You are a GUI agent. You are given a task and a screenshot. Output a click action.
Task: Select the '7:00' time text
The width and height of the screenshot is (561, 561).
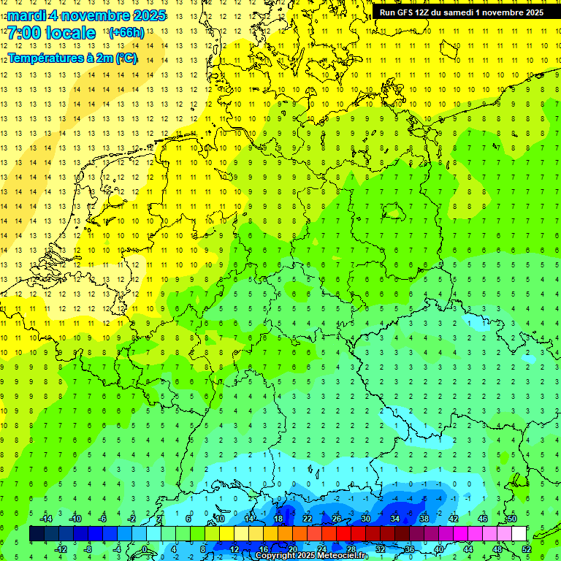tap(23, 33)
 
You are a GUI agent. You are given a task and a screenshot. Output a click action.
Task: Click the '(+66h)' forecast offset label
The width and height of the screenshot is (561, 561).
tap(126, 33)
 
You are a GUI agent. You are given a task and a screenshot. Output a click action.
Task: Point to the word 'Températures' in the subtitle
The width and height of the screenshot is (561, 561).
tap(45, 58)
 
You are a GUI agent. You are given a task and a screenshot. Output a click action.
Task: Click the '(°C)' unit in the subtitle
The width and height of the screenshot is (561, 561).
tap(126, 58)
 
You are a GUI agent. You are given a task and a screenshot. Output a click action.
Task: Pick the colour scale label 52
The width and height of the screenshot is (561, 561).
tap(527, 549)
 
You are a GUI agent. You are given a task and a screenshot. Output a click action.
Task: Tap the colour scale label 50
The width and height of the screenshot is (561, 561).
tap(511, 519)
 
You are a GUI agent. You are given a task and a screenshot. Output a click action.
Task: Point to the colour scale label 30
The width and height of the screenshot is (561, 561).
tap(366, 519)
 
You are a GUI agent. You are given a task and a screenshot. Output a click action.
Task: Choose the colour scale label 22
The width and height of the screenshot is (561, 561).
tap(308, 519)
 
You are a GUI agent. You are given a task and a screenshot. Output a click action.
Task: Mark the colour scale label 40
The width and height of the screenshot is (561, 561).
tap(439, 549)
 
